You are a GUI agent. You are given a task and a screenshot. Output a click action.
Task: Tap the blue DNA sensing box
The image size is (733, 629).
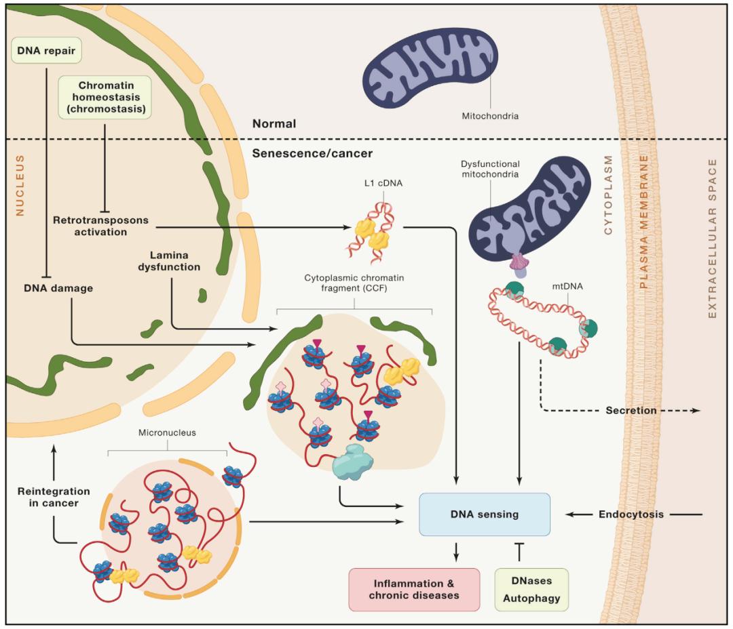(x=484, y=514)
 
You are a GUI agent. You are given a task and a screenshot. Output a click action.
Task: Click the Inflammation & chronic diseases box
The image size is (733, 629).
(x=414, y=588)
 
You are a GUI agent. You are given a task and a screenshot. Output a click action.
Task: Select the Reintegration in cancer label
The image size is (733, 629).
(x=54, y=497)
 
